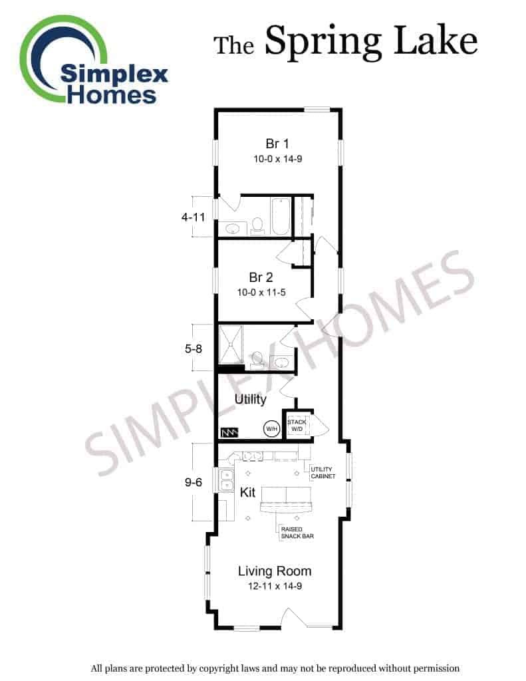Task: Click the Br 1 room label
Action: point(277,144)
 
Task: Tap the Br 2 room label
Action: point(261,277)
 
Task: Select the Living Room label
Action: point(275,571)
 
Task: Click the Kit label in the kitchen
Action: point(247,493)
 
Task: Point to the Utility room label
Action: point(250,399)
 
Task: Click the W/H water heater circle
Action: point(271,429)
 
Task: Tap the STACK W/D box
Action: point(297,425)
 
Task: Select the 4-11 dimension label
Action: point(194,217)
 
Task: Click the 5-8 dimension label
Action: point(194,348)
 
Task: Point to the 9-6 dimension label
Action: point(194,482)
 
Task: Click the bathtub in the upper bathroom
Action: point(281,216)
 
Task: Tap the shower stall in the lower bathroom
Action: point(231,344)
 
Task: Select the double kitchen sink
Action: point(227,480)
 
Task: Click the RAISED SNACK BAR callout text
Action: point(297,533)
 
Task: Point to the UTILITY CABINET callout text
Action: point(323,473)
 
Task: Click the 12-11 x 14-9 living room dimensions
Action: point(275,587)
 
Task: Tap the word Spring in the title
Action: point(323,42)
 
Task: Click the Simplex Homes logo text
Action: point(114,84)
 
